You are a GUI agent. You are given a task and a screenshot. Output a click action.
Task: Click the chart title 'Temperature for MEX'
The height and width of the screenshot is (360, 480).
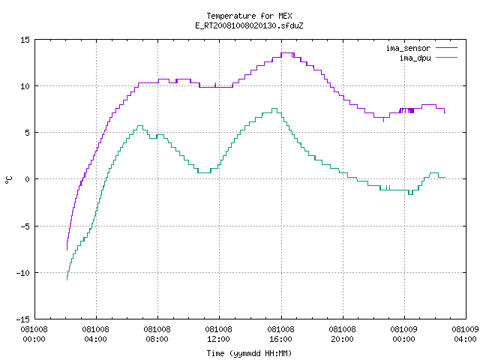point(249,16)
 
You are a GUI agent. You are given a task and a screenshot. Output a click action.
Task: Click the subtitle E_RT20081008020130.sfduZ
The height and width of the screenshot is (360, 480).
point(249,25)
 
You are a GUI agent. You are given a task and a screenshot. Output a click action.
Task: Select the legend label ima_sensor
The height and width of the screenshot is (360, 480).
point(408,48)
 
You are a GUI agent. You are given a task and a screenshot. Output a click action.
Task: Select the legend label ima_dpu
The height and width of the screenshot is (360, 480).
point(415,58)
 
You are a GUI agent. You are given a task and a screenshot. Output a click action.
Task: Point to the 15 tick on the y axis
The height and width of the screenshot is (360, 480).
point(25,40)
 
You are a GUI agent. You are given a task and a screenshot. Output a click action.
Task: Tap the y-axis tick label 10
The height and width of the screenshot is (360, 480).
point(25,86)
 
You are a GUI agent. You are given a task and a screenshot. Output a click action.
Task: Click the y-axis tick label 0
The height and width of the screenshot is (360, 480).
point(28,179)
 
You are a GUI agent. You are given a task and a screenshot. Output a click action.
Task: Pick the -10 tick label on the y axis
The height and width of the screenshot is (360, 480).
point(23,273)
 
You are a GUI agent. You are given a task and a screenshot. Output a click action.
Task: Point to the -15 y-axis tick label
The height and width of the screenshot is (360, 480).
point(23,319)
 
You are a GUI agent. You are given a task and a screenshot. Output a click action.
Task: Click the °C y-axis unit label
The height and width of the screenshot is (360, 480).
point(8,180)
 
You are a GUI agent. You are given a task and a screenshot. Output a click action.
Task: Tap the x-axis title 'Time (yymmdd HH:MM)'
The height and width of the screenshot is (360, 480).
point(249,353)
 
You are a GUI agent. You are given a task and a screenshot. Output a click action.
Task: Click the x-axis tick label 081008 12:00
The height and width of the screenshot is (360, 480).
point(218,334)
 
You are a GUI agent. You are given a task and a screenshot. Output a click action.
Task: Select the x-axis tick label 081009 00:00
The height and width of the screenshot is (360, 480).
point(403,334)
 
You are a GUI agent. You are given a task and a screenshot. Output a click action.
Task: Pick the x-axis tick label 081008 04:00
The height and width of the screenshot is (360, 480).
point(95,334)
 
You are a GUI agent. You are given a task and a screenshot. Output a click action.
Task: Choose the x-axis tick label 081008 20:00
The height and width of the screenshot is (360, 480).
point(342,334)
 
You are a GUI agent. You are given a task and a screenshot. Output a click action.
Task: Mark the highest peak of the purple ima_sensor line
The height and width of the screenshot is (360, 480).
point(288,53)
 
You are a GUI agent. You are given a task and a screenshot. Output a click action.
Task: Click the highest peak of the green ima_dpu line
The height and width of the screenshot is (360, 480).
point(274,108)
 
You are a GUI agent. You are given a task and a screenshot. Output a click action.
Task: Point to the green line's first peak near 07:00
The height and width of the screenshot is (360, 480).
point(140,125)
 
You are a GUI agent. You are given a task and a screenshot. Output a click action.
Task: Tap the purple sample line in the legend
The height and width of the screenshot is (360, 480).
point(447,48)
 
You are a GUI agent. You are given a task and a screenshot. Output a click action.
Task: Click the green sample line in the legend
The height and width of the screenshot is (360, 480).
point(447,58)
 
